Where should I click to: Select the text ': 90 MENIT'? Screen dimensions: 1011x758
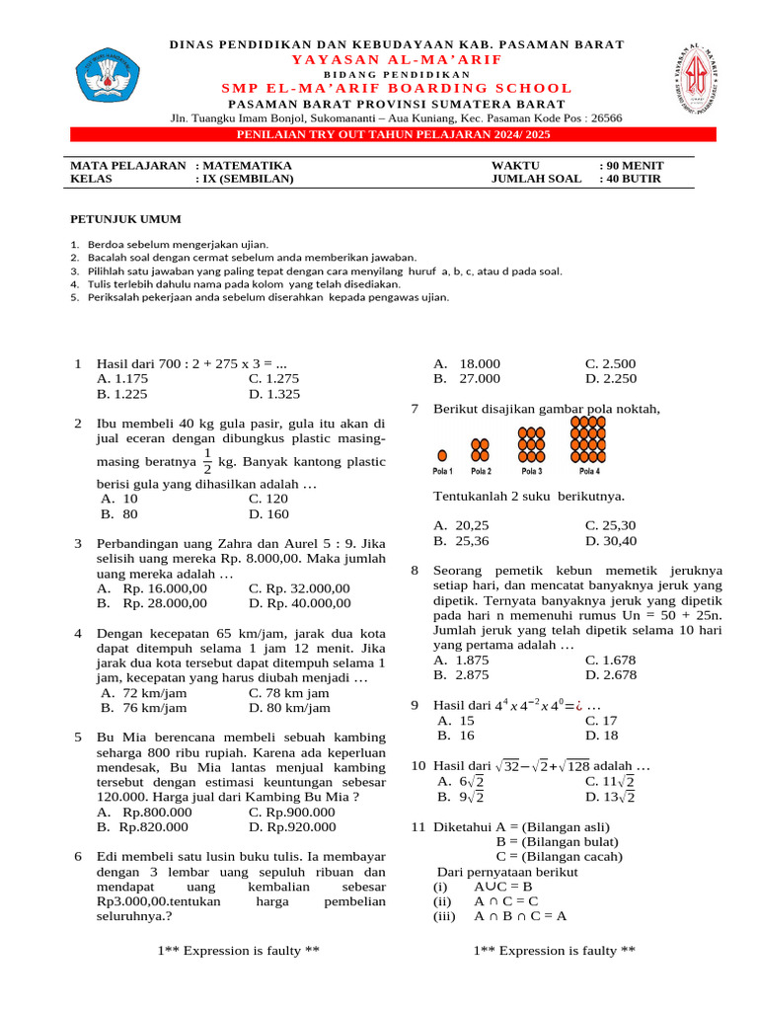(x=632, y=165)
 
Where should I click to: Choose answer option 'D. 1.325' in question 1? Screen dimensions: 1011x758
(x=274, y=393)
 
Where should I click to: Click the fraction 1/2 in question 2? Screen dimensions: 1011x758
(x=206, y=460)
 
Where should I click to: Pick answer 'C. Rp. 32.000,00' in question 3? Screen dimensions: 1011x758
(x=299, y=588)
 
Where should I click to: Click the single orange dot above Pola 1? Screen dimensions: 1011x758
(x=442, y=455)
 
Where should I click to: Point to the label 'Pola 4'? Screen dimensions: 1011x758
(x=589, y=471)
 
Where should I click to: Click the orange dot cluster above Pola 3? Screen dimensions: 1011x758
(x=533, y=444)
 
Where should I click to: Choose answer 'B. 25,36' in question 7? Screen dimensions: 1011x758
(x=462, y=541)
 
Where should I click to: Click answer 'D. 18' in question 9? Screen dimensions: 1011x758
(x=601, y=736)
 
